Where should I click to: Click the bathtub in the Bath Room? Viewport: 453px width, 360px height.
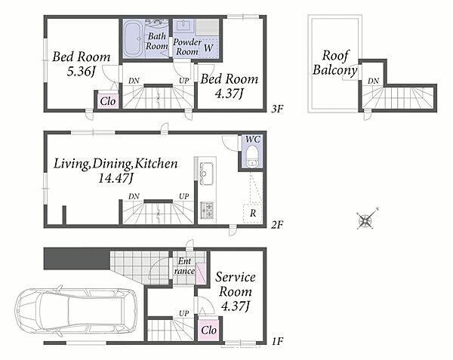click(133, 39)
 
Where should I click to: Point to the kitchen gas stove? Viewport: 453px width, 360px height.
click(207, 210)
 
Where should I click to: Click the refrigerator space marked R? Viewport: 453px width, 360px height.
click(252, 213)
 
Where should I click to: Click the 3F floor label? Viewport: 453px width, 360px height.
click(277, 109)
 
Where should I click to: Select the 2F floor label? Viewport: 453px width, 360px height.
click(277, 225)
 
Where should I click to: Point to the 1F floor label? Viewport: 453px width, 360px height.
click(277, 342)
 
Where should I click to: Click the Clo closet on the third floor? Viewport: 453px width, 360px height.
click(108, 101)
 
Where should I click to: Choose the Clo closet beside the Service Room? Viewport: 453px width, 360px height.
click(208, 330)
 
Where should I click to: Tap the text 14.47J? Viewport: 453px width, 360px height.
click(116, 178)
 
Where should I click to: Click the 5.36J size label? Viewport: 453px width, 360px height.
click(81, 71)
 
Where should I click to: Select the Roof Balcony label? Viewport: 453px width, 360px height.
click(335, 63)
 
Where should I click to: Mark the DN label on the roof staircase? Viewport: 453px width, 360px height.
click(373, 81)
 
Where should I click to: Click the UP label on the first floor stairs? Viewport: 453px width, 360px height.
click(183, 313)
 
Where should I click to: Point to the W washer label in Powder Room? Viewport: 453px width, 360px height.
click(208, 48)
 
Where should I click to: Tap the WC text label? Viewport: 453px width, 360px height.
click(253, 139)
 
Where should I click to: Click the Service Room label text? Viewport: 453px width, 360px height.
click(235, 285)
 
